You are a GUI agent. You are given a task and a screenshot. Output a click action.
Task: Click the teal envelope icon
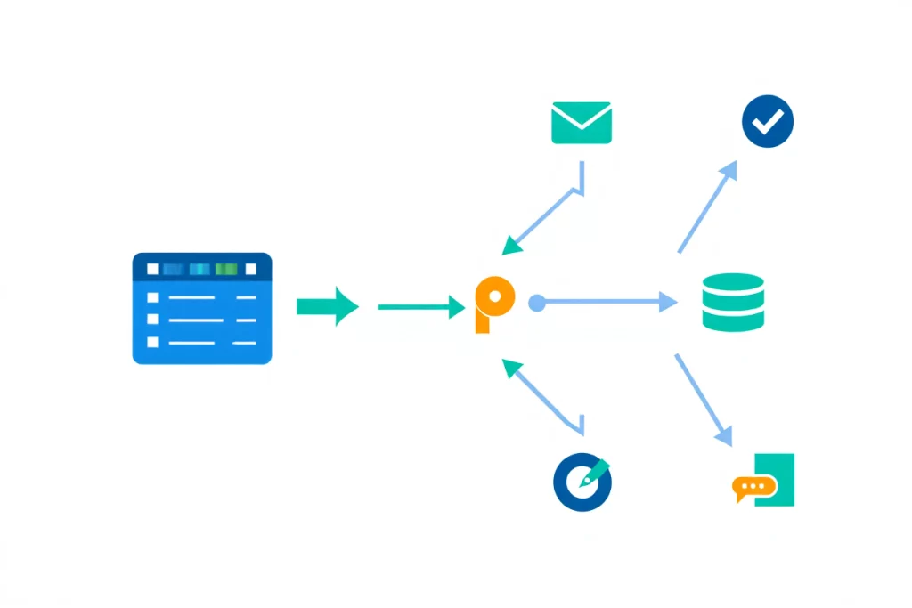tap(582, 123)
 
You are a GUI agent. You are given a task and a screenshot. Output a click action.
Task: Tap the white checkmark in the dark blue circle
tap(767, 123)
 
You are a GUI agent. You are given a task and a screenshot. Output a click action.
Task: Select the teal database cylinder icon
tap(733, 303)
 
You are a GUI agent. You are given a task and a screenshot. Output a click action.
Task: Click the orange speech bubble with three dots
tap(753, 487)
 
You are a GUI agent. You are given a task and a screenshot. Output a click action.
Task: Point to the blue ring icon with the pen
tap(582, 482)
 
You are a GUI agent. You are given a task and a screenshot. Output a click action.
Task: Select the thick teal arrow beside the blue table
tap(327, 306)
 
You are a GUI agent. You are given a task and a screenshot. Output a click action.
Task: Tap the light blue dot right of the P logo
tap(536, 303)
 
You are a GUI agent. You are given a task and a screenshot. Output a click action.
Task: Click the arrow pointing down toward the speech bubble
tap(704, 400)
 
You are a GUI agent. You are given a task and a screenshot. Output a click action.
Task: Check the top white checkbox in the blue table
tap(152, 297)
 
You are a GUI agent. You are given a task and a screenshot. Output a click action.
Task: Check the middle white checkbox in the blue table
tap(152, 320)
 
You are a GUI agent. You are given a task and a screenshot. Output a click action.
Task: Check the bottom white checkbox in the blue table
tap(152, 342)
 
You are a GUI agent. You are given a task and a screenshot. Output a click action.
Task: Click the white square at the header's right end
tap(250, 269)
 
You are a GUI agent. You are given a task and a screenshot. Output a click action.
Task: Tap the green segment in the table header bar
tap(226, 269)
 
